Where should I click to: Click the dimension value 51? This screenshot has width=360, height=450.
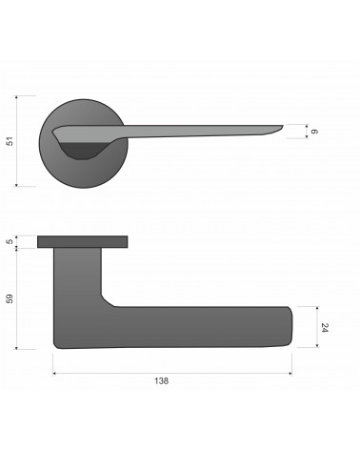(x=10, y=141)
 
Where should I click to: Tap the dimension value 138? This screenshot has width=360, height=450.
(x=161, y=380)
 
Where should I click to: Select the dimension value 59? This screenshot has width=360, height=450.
(x=10, y=298)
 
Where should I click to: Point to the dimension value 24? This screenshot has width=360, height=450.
(x=325, y=328)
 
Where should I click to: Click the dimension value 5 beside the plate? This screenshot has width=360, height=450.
(x=10, y=241)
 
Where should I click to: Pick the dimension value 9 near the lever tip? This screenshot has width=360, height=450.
(x=314, y=132)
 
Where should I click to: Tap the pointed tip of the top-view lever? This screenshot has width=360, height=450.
(x=283, y=126)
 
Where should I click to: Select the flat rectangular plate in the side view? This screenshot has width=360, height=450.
(x=83, y=242)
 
